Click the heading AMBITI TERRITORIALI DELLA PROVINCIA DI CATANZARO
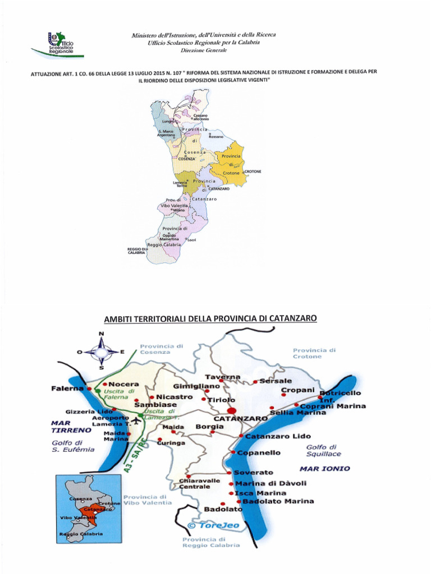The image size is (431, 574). tap(210, 319)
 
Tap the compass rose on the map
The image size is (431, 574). tap(101, 351)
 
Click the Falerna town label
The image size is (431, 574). tap(69, 388)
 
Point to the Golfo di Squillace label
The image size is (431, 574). tap(323, 451)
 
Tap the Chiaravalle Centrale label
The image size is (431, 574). tap(200, 484)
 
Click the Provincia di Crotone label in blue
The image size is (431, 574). tap(314, 353)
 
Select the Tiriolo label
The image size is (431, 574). tap(222, 400)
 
